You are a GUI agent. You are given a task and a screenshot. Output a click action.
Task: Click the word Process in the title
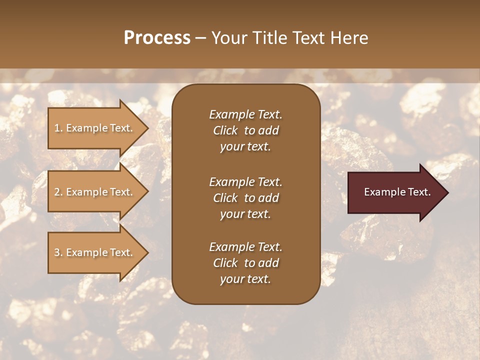coord(157,38)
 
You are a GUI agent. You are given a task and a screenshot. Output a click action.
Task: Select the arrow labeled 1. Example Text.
coord(95,128)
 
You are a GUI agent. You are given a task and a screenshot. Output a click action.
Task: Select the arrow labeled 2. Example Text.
coord(95,192)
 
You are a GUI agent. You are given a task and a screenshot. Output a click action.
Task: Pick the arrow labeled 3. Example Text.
coord(95,252)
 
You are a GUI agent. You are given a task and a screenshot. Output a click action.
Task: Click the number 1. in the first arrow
coord(58,128)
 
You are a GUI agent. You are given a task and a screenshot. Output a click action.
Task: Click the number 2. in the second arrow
coord(58,192)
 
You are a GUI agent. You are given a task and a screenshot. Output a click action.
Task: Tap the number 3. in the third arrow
coord(58,252)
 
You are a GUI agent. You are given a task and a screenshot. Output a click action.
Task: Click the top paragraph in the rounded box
coord(245,130)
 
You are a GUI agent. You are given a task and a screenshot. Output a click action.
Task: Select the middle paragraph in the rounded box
coord(245,198)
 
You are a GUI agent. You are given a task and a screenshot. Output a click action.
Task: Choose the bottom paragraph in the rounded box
coord(245,263)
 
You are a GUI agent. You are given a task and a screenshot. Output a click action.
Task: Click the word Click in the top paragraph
coord(225,130)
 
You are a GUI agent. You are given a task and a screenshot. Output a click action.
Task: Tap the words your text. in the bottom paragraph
coord(245,279)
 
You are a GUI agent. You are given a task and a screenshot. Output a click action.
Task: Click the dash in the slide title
coord(201,38)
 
